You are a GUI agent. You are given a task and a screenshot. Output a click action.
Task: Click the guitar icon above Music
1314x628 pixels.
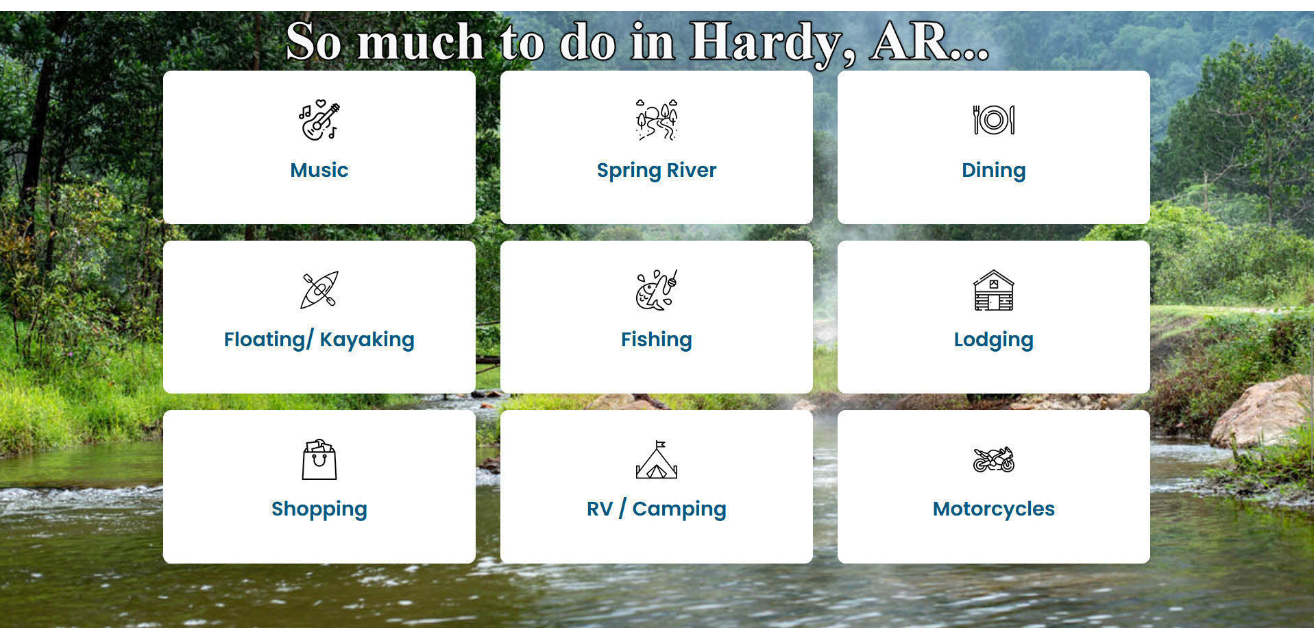tap(319, 121)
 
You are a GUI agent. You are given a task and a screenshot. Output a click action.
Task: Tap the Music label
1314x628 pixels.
tap(319, 170)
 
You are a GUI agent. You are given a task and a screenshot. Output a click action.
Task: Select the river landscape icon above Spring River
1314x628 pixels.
tap(657, 120)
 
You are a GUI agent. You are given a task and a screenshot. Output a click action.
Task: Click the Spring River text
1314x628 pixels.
tap(657, 171)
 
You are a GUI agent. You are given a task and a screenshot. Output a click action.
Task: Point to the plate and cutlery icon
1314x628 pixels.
tap(994, 120)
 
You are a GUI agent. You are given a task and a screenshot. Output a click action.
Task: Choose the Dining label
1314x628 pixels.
tap(994, 171)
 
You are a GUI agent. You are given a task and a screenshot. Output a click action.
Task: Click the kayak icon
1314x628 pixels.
tap(319, 290)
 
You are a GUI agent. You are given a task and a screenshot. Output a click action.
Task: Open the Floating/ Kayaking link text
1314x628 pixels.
tap(319, 340)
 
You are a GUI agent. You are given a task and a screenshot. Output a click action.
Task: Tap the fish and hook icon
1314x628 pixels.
tap(657, 290)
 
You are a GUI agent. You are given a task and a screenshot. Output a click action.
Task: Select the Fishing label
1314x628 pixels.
tap(657, 340)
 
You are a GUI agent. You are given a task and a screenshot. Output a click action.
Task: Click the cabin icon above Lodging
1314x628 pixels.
tap(994, 290)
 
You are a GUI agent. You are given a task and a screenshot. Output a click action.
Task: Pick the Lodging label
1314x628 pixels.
tap(994, 340)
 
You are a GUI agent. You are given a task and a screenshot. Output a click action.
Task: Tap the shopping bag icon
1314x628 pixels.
tap(319, 460)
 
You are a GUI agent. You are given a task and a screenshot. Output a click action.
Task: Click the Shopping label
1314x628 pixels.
tap(319, 509)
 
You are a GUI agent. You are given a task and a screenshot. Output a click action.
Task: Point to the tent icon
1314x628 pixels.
tap(657, 459)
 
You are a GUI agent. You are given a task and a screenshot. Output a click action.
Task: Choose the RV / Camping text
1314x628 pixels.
tap(657, 509)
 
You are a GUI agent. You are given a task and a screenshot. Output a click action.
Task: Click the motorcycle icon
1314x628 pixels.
tap(994, 459)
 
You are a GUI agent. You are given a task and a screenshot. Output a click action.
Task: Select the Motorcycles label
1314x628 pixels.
tap(994, 509)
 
